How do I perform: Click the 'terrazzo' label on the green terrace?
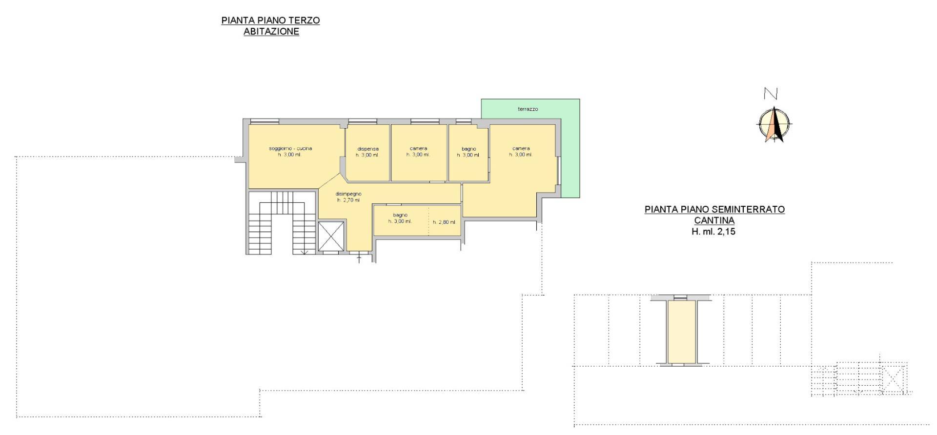[528, 109]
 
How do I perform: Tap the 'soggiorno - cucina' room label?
[290, 148]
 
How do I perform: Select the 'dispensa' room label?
[368, 149]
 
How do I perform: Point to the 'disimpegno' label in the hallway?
[348, 194]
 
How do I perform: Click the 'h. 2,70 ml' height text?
[348, 200]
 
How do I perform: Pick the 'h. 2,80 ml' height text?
[444, 222]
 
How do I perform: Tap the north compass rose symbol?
[774, 125]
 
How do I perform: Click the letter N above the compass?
[771, 94]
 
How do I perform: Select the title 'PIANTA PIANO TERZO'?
[270, 20]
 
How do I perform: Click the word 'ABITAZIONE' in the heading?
[271, 32]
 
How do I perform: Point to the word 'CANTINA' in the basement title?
[714, 220]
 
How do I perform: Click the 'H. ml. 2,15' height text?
[713, 232]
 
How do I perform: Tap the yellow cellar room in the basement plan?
[681, 332]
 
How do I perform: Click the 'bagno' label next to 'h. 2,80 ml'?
[400, 215]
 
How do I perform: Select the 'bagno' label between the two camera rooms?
[468, 149]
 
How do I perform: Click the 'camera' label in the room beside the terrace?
[521, 148]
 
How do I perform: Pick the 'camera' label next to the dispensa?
[418, 148]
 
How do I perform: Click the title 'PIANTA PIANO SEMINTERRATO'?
[714, 209]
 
